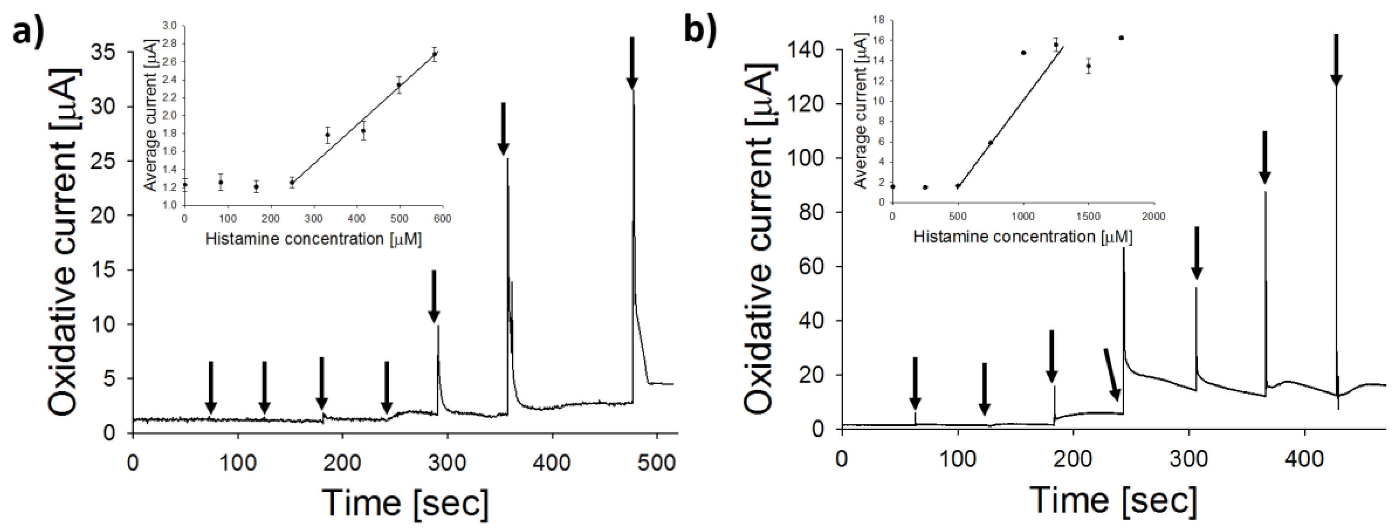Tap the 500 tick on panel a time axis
click(x=657, y=463)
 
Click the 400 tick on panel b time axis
click(x=1304, y=459)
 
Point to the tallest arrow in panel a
click(x=631, y=62)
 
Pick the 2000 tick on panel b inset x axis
click(x=1153, y=216)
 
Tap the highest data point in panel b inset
click(x=1121, y=38)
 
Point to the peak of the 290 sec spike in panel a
click(x=438, y=326)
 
